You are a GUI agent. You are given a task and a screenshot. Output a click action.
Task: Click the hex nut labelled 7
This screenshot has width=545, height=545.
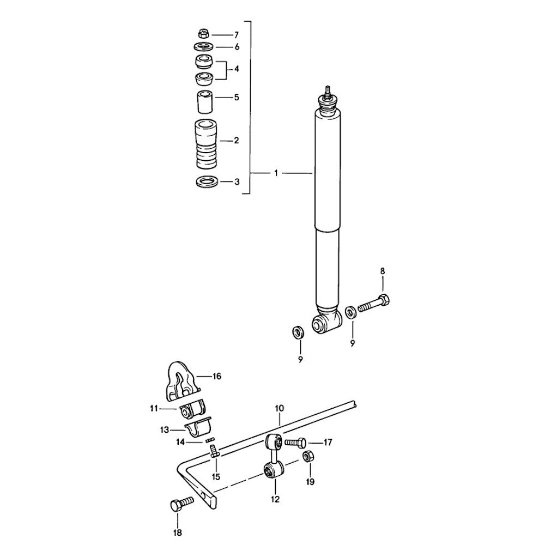point(204,34)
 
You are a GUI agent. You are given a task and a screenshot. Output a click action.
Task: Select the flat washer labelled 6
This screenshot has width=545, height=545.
point(204,46)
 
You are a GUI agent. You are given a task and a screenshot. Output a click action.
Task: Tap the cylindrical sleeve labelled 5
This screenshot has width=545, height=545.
point(205,101)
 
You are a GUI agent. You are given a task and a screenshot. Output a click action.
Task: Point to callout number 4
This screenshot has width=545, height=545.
point(237,69)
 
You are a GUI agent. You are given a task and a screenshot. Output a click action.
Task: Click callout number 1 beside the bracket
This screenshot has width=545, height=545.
point(276,173)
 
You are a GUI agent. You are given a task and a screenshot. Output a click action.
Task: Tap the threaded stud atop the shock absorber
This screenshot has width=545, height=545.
point(327,91)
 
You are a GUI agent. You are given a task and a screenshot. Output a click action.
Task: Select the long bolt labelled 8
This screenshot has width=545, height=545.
point(374,304)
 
